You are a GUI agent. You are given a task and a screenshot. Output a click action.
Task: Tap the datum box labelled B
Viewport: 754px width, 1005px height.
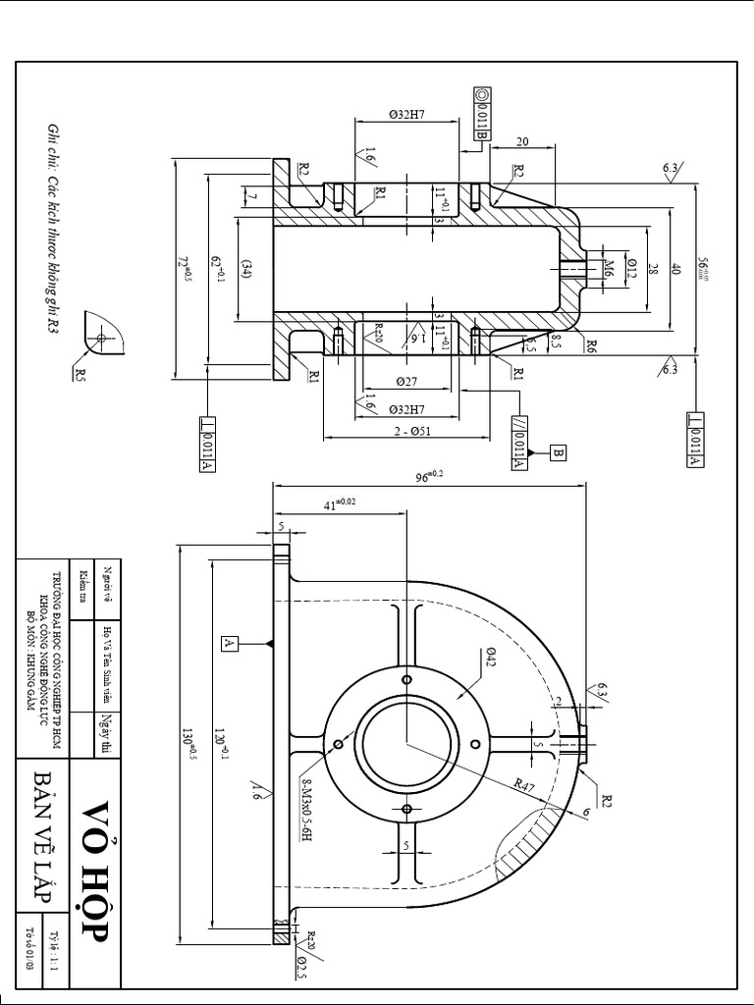pyautogui.click(x=558, y=452)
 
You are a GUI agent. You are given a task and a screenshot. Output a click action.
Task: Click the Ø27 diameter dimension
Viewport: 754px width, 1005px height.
pyautogui.click(x=406, y=380)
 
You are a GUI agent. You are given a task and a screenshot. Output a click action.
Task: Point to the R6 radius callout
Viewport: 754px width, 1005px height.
pyautogui.click(x=590, y=344)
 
